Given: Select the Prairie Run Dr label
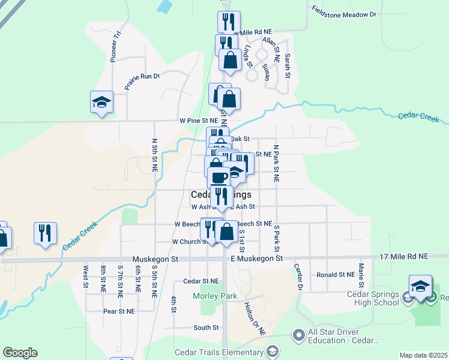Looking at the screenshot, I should click(x=142, y=81).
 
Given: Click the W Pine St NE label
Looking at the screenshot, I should click(x=197, y=121).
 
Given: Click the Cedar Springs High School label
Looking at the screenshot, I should click(x=373, y=298).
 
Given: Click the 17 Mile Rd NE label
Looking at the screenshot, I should click(x=404, y=256).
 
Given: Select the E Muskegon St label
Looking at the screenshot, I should click(x=257, y=258).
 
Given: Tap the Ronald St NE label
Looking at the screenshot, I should click(x=337, y=274).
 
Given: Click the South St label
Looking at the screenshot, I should click(x=206, y=328).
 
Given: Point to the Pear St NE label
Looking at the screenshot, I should click(x=119, y=311).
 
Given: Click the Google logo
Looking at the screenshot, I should click(x=20, y=353).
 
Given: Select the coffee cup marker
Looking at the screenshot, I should click(x=218, y=178).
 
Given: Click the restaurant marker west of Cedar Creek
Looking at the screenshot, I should click(x=45, y=232).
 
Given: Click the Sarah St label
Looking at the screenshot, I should click(x=288, y=65).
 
